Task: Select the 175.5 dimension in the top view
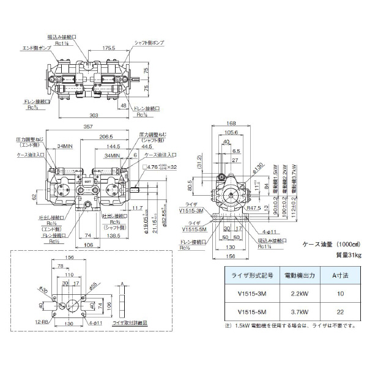click(109, 46)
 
